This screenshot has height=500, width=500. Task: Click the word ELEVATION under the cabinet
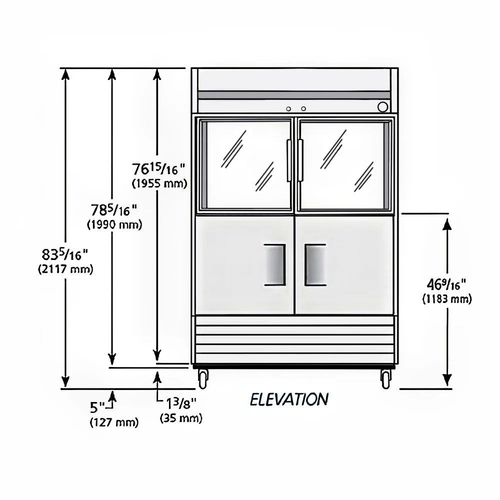(x=289, y=399)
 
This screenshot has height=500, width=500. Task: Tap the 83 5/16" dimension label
(x=64, y=255)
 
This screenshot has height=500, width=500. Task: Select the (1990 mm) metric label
(x=114, y=225)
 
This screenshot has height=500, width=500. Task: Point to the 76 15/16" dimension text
(x=158, y=168)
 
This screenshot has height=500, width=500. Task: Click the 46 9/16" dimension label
(x=446, y=284)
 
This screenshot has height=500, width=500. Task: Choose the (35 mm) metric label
(x=181, y=418)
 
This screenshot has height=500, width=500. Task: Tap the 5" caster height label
(x=97, y=407)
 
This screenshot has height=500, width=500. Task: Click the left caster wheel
(x=203, y=379)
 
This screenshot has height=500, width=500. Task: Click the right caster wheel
(x=386, y=379)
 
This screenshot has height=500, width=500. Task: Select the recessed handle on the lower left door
(x=274, y=265)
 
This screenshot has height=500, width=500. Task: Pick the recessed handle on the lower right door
(x=315, y=265)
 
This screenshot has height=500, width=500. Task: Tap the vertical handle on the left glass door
(x=289, y=160)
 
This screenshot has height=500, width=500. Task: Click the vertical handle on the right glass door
(x=300, y=160)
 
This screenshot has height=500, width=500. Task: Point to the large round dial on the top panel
(x=382, y=107)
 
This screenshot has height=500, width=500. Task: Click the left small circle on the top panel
(x=288, y=109)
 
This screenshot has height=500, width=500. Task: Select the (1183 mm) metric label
(x=446, y=299)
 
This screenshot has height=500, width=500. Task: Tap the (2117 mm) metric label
(x=65, y=269)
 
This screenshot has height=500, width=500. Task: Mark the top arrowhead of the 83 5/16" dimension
(x=65, y=74)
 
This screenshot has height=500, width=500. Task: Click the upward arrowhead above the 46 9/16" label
(x=447, y=224)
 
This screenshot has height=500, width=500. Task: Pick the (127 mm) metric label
(x=114, y=422)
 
